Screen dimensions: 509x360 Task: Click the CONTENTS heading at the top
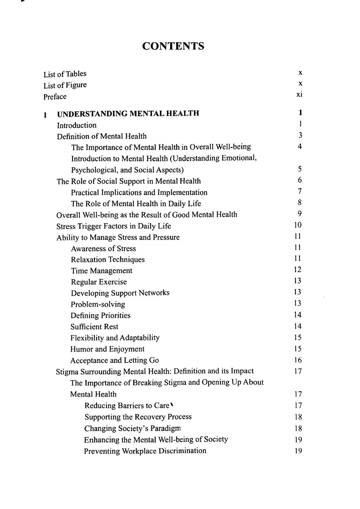tap(173, 46)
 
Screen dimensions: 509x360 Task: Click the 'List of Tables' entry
tap(65, 74)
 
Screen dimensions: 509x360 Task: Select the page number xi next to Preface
tap(299, 94)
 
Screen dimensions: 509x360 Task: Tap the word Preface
tap(55, 97)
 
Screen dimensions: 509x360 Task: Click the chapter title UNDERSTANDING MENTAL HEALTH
tap(128, 113)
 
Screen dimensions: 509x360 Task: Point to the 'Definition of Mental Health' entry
tap(102, 136)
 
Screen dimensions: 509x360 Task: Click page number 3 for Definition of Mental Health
tap(300, 135)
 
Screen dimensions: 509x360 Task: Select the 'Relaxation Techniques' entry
tap(108, 260)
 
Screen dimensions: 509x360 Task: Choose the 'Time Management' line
tap(102, 271)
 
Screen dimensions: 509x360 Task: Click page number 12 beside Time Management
tap(298, 269)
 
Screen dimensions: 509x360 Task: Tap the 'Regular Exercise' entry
tap(99, 282)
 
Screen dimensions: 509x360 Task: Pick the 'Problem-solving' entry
tap(98, 304)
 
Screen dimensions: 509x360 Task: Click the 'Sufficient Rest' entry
tap(94, 327)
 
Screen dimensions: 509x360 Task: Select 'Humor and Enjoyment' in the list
tap(107, 349)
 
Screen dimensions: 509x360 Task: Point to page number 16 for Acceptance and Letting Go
tap(298, 360)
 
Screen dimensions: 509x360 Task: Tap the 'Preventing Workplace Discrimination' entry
tap(145, 451)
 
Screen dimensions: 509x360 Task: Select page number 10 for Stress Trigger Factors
tap(298, 225)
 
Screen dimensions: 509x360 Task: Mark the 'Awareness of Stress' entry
tap(103, 249)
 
